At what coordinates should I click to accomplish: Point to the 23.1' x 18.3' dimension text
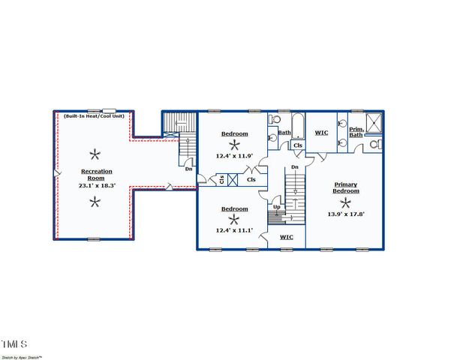coord(94,184)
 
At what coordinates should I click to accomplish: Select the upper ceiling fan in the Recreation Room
coord(94,155)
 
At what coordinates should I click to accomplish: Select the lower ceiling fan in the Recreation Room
coord(94,200)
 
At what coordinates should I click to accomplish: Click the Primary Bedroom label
coord(346,187)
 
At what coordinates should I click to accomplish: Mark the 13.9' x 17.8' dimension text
coord(346,214)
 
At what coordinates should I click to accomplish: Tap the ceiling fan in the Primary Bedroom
coord(346,201)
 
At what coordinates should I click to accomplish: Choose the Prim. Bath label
coord(356,132)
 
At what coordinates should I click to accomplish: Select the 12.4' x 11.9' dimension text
coord(234,156)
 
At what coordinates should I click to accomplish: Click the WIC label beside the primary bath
coord(321,133)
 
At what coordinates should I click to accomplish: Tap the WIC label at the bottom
coord(286,237)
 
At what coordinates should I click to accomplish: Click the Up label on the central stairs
coord(277,207)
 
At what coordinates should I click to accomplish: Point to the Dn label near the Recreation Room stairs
coord(188,169)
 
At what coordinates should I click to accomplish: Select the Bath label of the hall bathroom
coord(284,133)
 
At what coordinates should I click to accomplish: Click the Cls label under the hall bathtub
coord(298,145)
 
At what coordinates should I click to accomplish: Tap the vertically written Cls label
coord(221,179)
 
